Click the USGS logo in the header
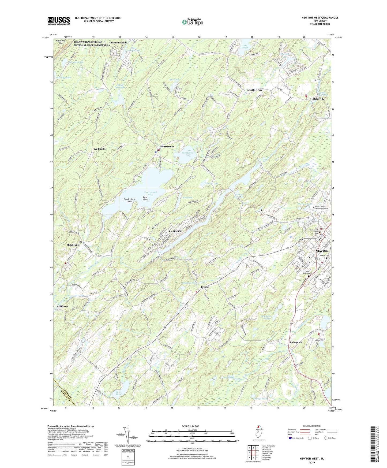click(x=59, y=21)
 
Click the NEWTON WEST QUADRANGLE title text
click(x=320, y=18)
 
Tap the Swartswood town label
click(x=167, y=147)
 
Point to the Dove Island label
click(x=145, y=198)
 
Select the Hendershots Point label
click(x=130, y=200)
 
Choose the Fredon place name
click(x=205, y=287)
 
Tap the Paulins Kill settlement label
click(x=175, y=231)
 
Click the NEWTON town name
click(x=322, y=251)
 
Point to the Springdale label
click(x=295, y=342)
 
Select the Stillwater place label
click(x=63, y=306)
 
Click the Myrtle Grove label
click(x=255, y=90)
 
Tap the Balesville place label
click(x=319, y=99)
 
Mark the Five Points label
click(x=99, y=149)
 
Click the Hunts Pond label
click(x=118, y=393)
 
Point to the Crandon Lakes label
click(x=118, y=43)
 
